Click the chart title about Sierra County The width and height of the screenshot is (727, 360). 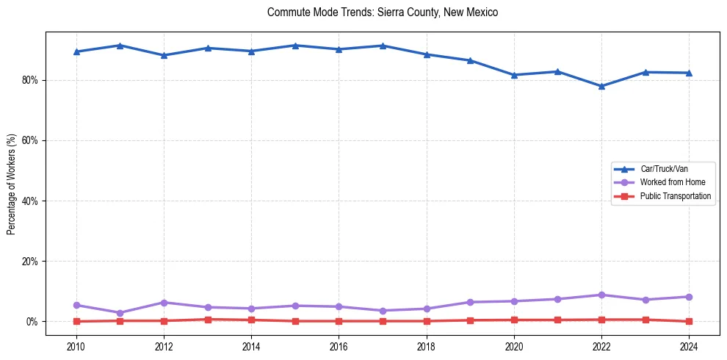pyautogui.click(x=383, y=12)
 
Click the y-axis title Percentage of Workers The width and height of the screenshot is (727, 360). pyautogui.click(x=11, y=184)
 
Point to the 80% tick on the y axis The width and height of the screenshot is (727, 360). pyautogui.click(x=32, y=80)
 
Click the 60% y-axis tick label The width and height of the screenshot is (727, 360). pyautogui.click(x=32, y=140)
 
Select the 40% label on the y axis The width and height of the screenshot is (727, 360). pyautogui.click(x=32, y=201)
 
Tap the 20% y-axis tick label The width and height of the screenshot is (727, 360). pyautogui.click(x=32, y=262)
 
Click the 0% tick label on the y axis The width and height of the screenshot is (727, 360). pyautogui.click(x=34, y=322)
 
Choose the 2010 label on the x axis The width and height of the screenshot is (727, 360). pyautogui.click(x=76, y=346)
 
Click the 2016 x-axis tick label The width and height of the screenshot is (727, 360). pyautogui.click(x=339, y=346)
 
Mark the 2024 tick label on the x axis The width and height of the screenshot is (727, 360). pyautogui.click(x=689, y=346)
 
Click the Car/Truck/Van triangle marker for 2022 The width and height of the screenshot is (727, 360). pyautogui.click(x=601, y=86)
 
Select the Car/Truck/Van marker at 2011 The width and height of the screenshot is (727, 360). pyautogui.click(x=120, y=46)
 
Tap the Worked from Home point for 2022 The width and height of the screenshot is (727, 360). pyautogui.click(x=601, y=295)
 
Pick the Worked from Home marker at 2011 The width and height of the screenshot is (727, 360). pyautogui.click(x=120, y=313)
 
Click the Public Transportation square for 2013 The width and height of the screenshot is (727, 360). pyautogui.click(x=208, y=320)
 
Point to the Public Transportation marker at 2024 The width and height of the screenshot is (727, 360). pyautogui.click(x=689, y=321)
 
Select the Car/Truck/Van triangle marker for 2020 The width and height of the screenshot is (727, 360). pyautogui.click(x=514, y=75)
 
